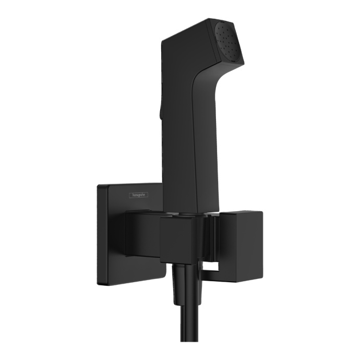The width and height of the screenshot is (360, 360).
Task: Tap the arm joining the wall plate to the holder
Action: click(141, 235)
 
